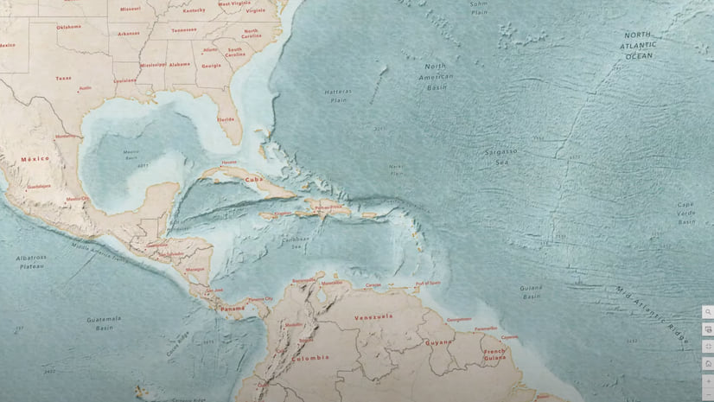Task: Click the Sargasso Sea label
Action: (500, 156)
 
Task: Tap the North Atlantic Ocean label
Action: (639, 45)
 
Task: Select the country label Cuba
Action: (253, 180)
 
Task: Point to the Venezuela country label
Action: (373, 316)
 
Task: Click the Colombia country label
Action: (310, 357)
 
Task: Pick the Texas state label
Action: (63, 78)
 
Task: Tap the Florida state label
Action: (226, 119)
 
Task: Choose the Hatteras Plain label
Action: (339, 95)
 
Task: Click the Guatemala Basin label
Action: (104, 323)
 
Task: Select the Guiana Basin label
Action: (531, 292)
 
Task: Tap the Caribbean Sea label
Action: (299, 243)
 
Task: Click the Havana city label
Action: (228, 163)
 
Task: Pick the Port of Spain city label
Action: (427, 284)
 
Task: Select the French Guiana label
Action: (494, 354)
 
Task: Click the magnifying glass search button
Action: (708, 312)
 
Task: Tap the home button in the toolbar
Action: (708, 363)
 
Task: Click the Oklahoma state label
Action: (69, 27)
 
